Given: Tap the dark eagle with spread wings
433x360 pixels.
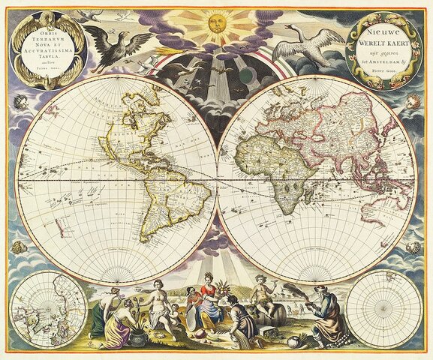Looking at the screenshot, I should pos(115,45).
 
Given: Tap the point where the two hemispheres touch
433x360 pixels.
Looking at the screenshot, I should pos(217,180).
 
